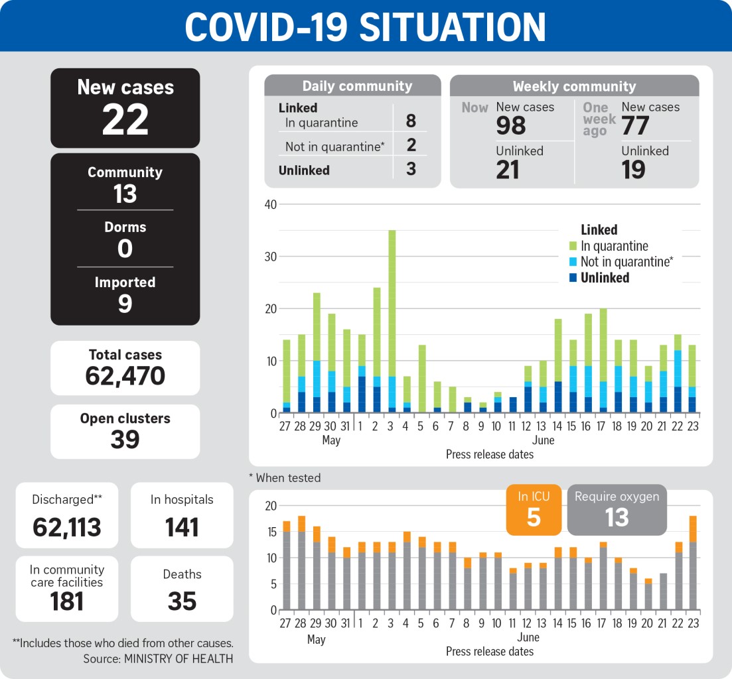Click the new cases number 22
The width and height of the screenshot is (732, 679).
pos(125,120)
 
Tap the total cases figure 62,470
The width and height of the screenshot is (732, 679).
pos(125,376)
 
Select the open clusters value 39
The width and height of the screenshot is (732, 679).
pos(125,440)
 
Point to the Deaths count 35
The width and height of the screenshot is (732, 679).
pos(182,601)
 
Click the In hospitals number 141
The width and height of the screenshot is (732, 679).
pos(182,527)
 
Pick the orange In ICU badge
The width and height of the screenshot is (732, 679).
pos(534,510)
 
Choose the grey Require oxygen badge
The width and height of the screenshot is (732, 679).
pos(617,510)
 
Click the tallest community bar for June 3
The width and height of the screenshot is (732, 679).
pos(392,322)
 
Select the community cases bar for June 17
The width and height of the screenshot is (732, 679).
pos(603,361)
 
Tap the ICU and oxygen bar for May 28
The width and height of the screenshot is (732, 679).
pos(301,563)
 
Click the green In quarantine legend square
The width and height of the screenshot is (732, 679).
pos(573,246)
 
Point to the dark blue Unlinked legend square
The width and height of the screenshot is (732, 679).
pos(573,277)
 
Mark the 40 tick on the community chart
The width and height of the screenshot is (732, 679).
pos(271,204)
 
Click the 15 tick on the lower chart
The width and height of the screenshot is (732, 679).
pos(271,532)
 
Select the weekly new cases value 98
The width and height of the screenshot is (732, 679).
pos(511,125)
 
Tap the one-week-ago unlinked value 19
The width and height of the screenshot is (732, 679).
pos(634,169)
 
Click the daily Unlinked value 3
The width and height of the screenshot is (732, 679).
pos(411,169)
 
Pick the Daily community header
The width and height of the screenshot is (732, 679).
pos(357,86)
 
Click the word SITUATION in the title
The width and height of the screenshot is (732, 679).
pos(453,27)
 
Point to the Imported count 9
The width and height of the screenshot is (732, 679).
pos(125,304)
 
